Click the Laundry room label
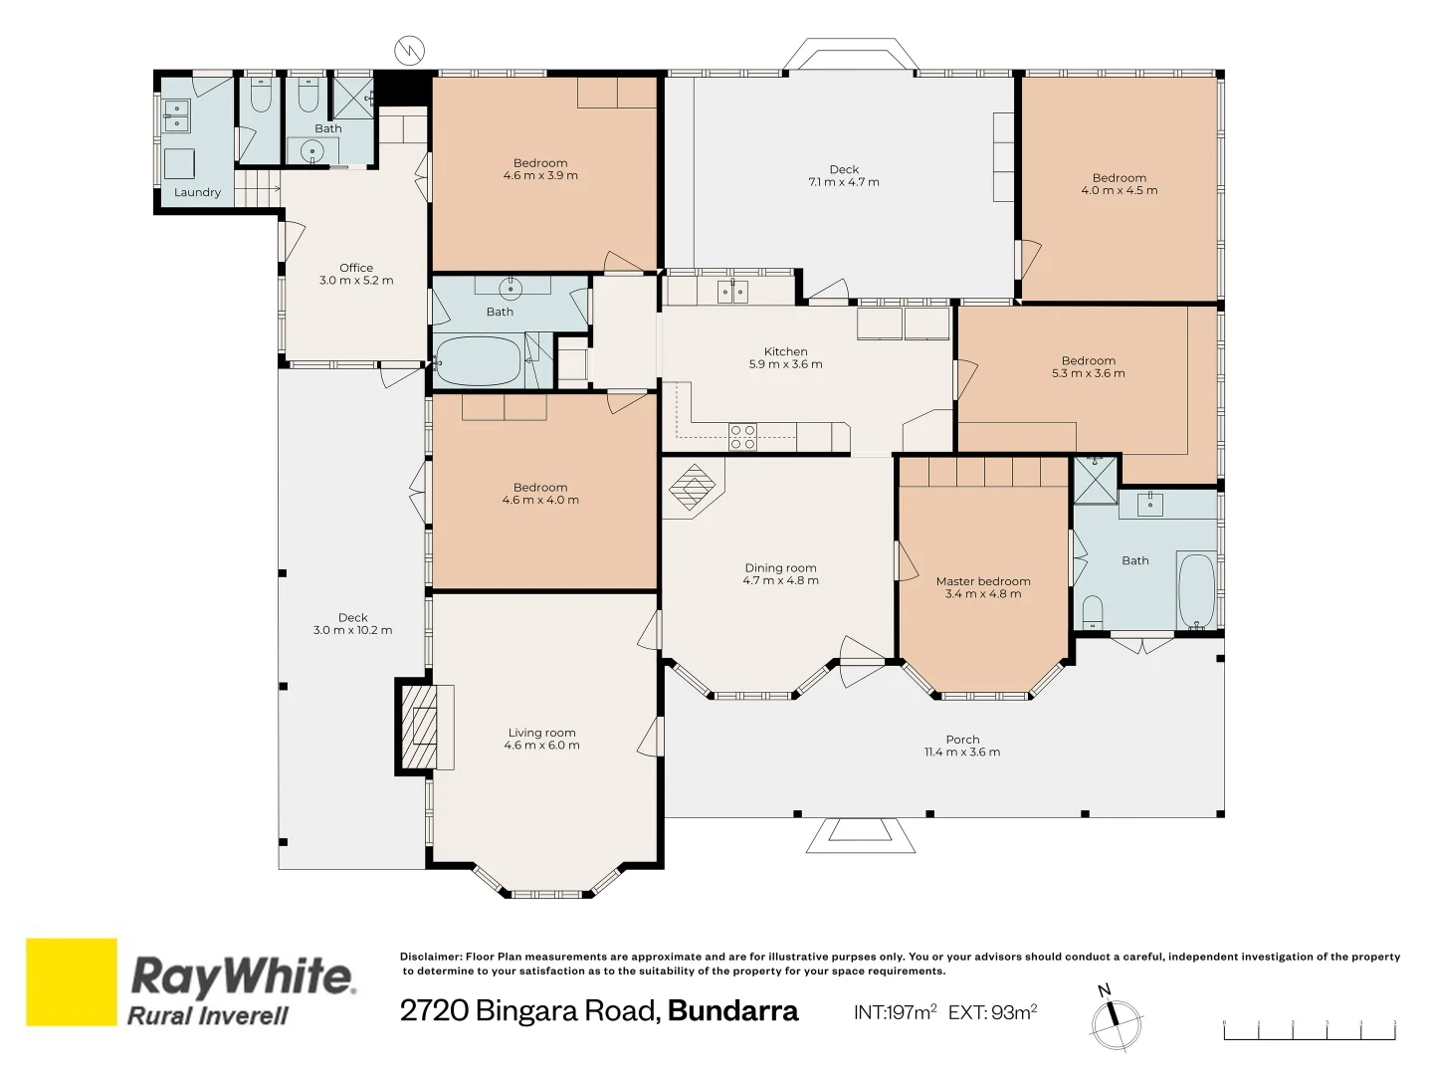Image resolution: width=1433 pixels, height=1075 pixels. [197, 192]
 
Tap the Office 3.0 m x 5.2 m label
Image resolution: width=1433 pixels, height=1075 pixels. [356, 274]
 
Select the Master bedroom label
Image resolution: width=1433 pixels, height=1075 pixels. [983, 581]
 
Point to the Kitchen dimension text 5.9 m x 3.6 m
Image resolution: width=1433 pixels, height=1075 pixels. [785, 364]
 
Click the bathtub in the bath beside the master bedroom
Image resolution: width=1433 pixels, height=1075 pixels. [1197, 591]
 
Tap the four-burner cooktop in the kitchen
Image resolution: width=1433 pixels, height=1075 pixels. [743, 437]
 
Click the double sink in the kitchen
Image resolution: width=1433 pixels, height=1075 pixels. [732, 292]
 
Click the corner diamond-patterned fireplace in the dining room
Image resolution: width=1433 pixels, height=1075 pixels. [693, 487]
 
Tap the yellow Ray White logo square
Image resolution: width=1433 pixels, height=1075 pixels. [72, 981]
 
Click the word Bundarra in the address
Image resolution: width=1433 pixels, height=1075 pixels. [732, 1011]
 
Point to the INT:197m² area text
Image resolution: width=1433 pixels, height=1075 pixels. [895, 1012]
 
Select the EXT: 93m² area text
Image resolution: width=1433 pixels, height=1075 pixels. [992, 1012]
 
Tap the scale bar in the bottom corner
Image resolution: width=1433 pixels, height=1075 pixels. [1310, 1030]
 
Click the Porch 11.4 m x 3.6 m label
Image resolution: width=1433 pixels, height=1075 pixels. [962, 747]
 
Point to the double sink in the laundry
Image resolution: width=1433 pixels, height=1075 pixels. [176, 115]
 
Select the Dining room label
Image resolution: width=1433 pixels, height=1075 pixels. [781, 568]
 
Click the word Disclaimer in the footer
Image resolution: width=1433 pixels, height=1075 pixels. [431, 957]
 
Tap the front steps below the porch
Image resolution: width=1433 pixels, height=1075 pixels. [861, 835]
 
